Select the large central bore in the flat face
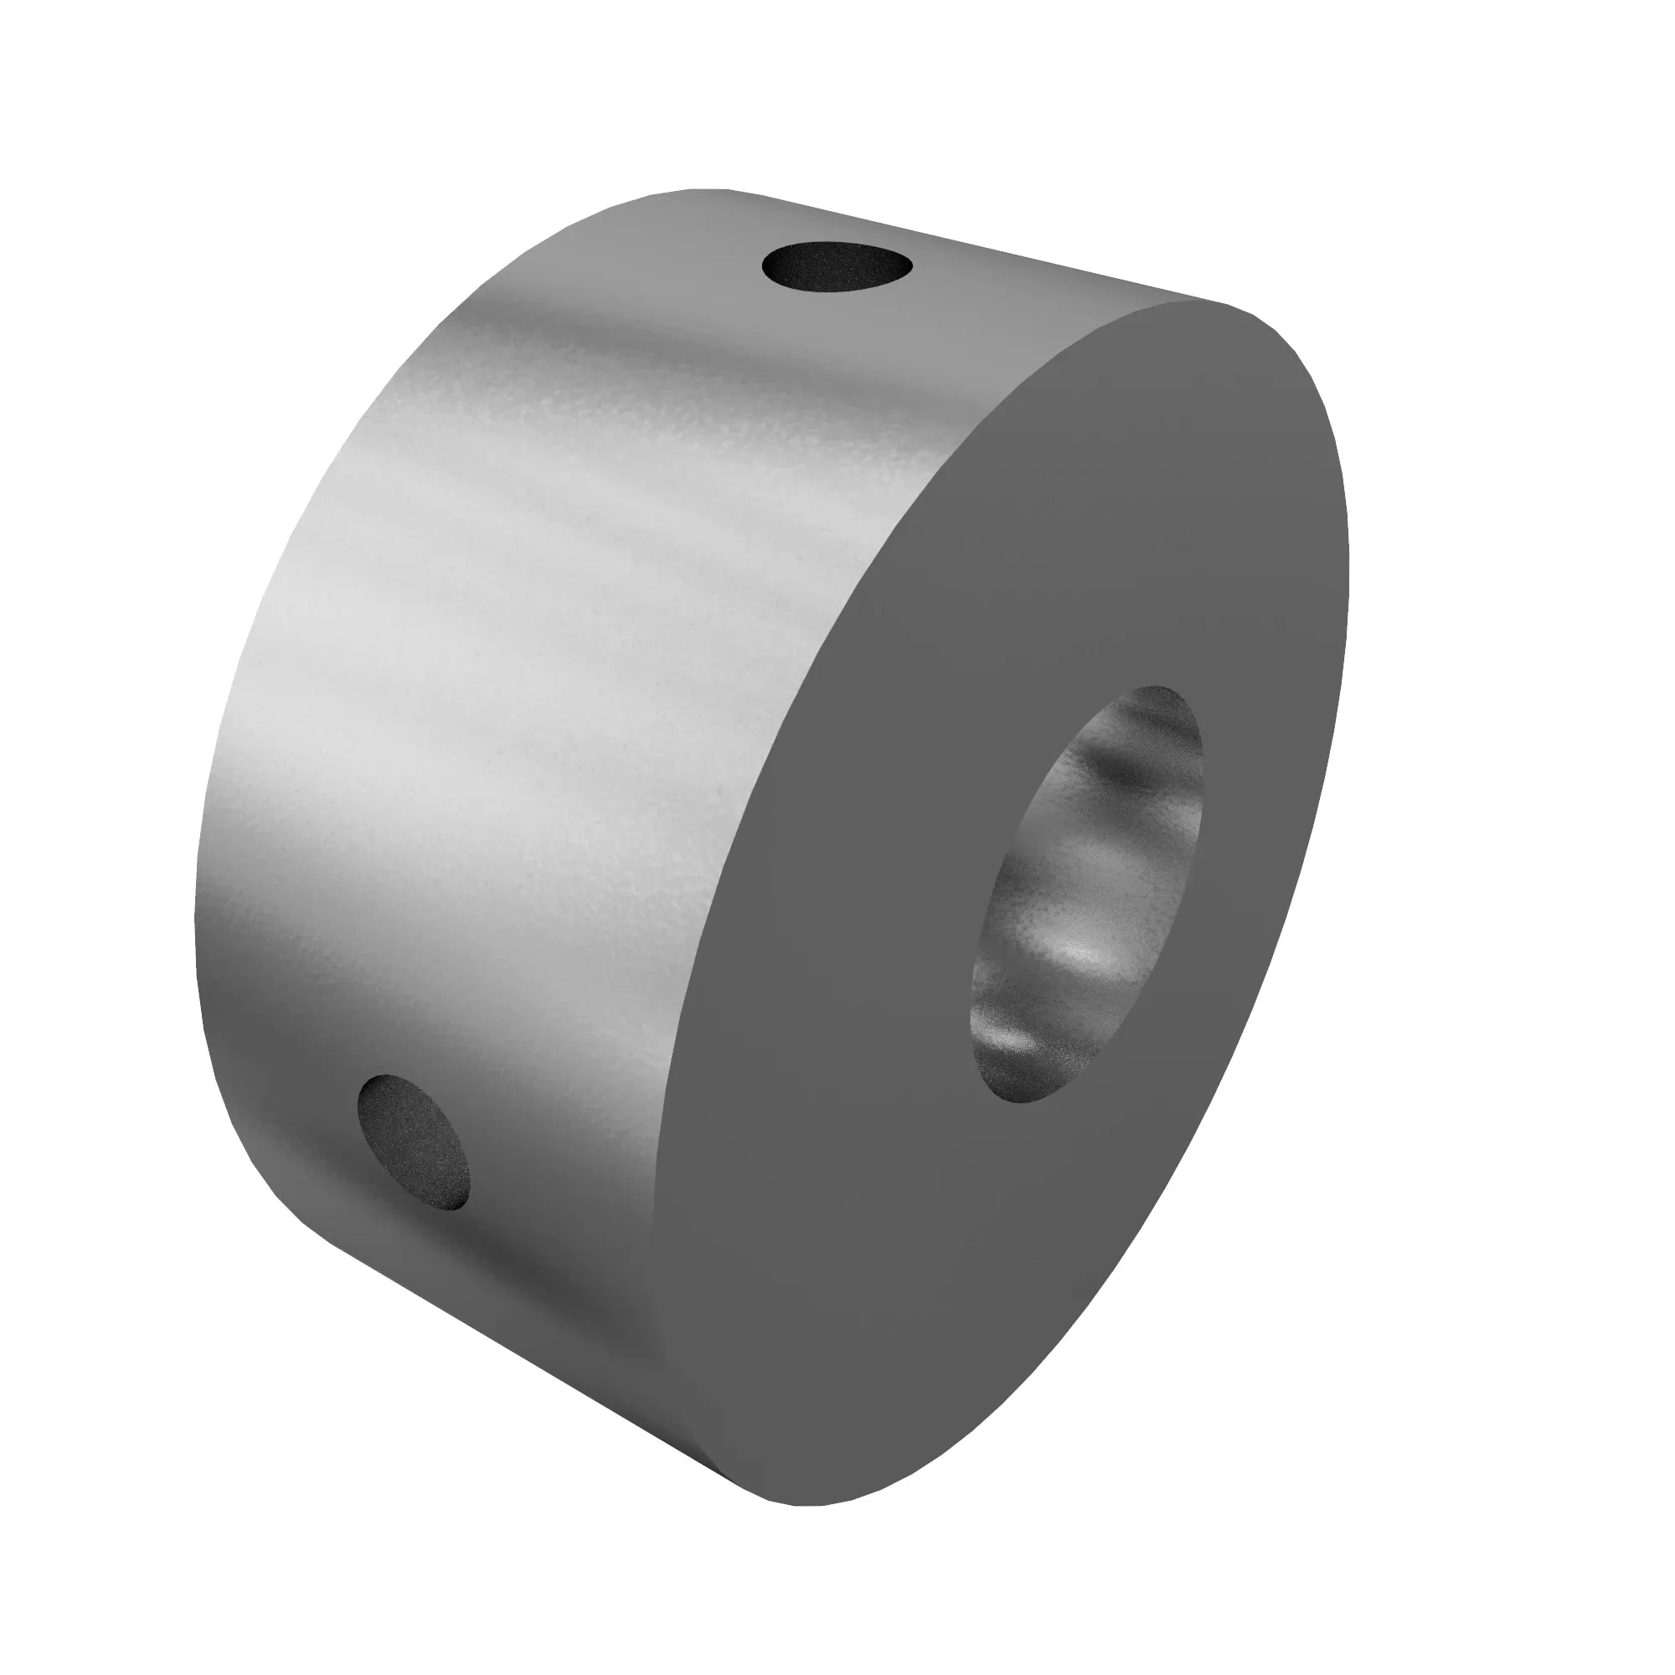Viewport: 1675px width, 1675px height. tap(1088, 893)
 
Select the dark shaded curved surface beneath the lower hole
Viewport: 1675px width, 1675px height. tap(486, 1301)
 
